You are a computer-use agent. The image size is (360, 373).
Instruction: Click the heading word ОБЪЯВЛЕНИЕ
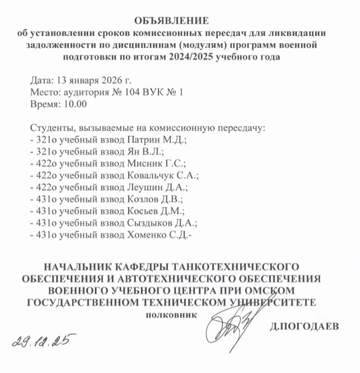(x=179, y=21)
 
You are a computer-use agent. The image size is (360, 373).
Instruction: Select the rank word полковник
(x=171, y=315)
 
